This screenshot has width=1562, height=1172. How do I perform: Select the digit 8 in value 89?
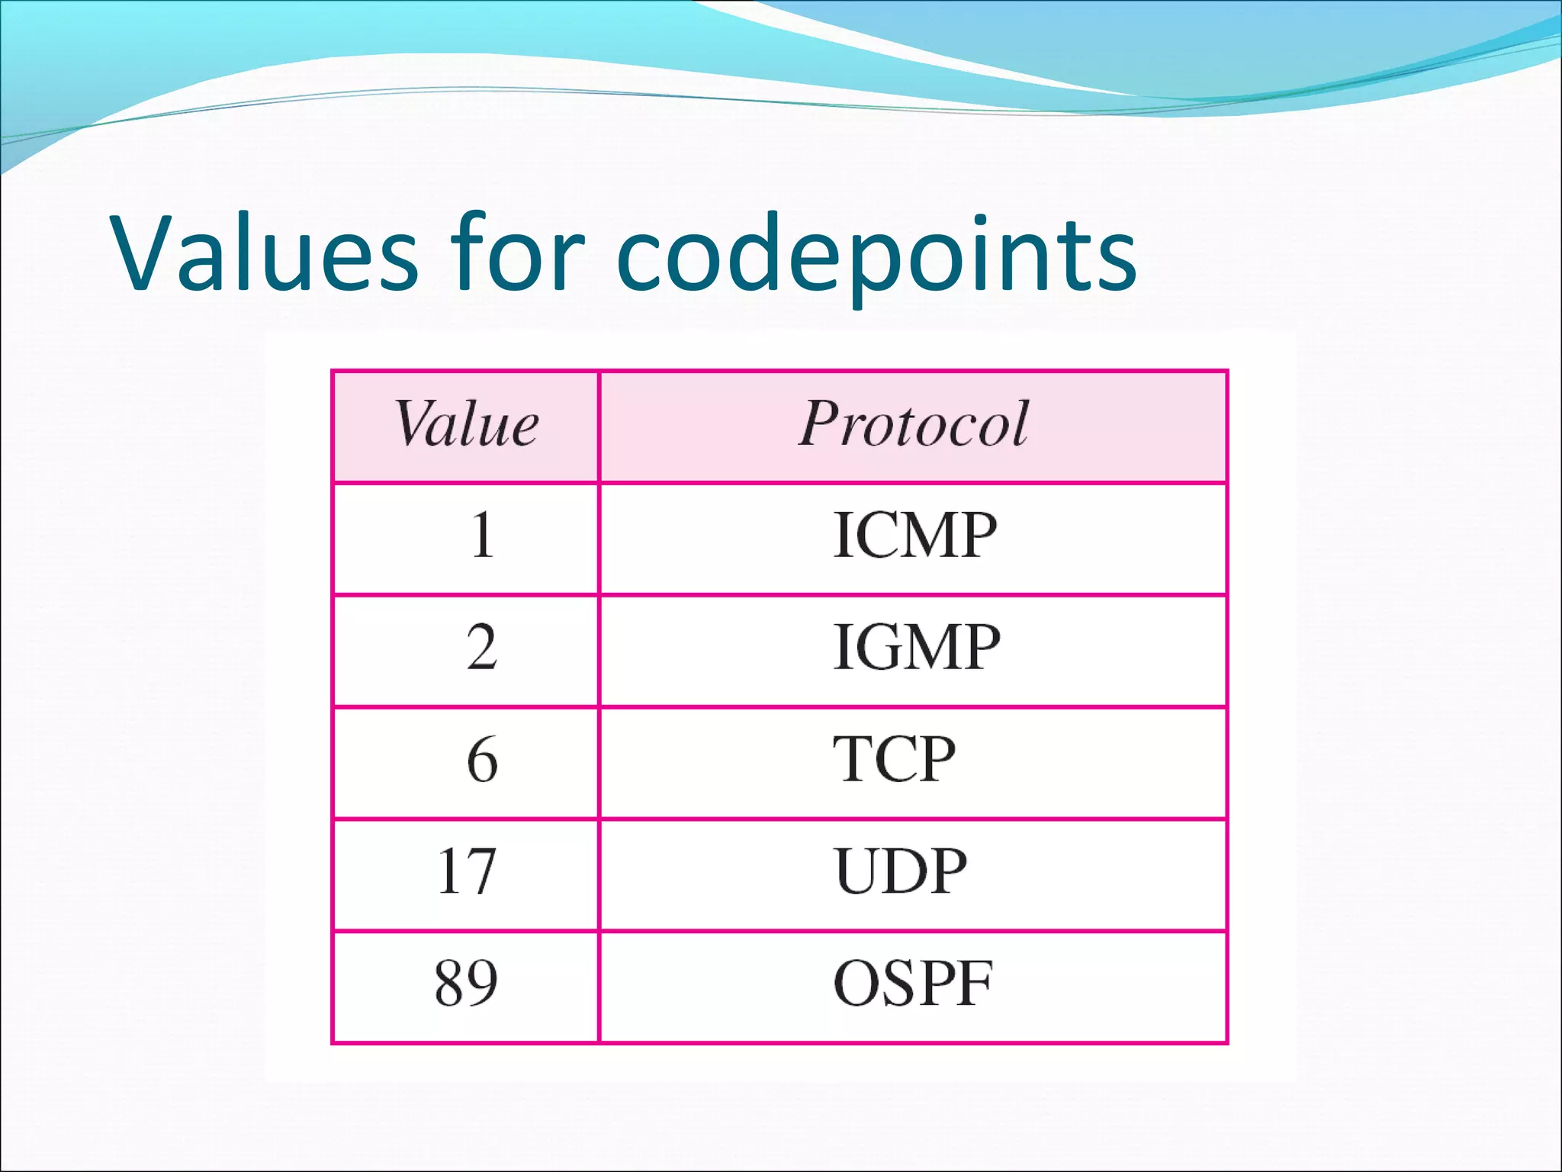click(x=450, y=983)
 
